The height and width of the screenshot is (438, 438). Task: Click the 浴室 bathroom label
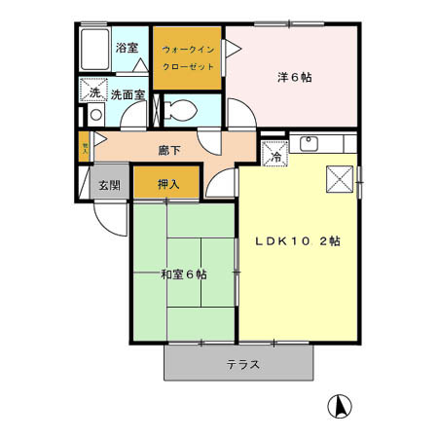pos(127,48)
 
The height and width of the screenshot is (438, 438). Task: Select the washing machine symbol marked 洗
pos(94,91)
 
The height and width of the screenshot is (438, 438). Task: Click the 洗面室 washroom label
pos(128,95)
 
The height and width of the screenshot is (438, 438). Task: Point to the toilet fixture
pos(181,108)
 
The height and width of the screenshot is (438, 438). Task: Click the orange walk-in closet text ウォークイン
pos(187,48)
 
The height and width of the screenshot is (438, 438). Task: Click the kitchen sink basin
pos(311,146)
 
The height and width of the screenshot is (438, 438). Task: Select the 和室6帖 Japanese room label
pos(183,274)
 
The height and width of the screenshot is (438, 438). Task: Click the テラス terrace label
pos(242,365)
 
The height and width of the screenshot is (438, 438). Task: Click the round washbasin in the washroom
pos(94,115)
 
